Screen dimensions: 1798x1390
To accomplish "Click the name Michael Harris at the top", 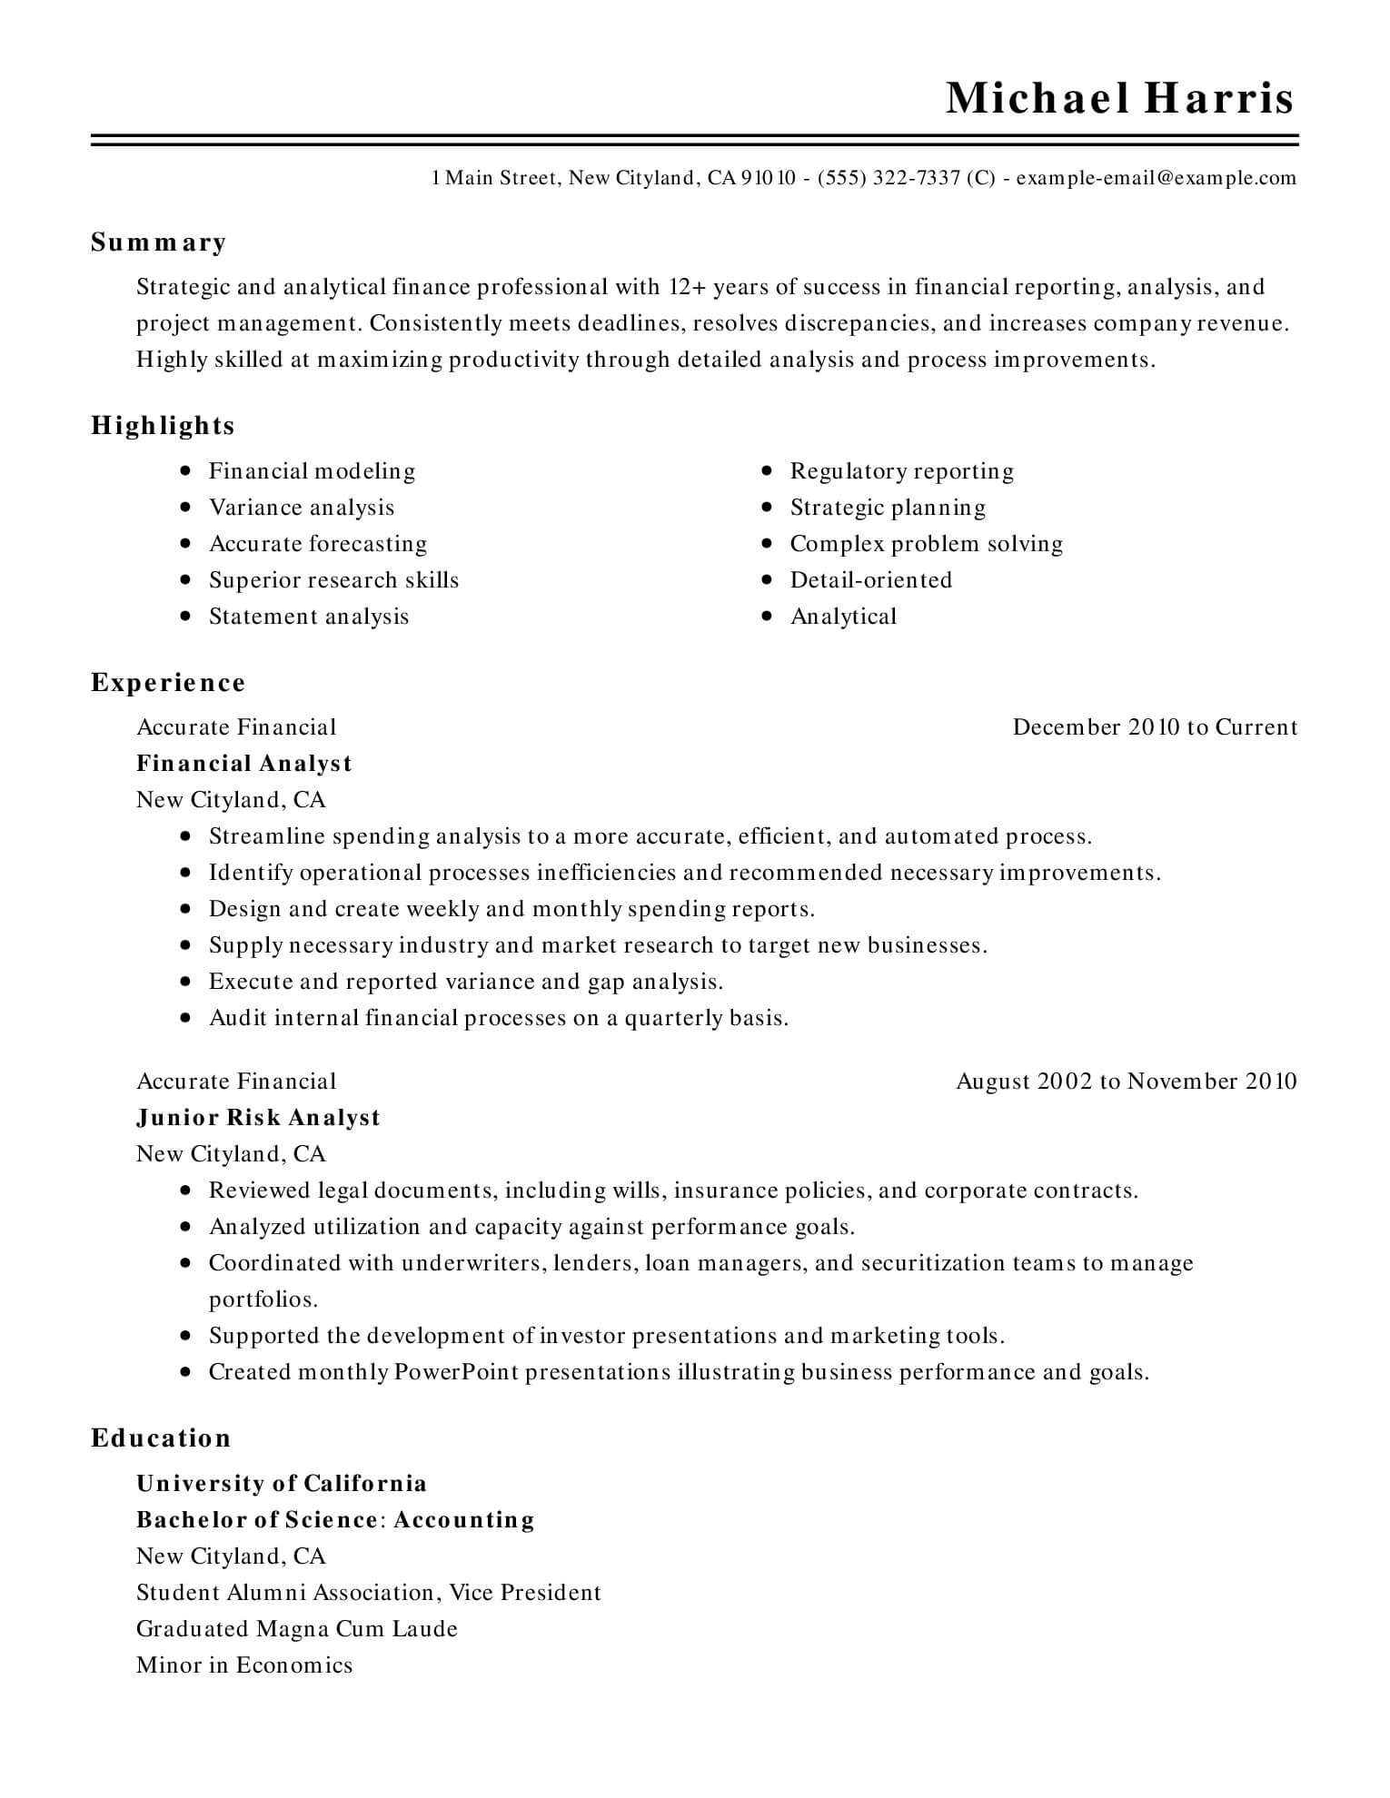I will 1119,98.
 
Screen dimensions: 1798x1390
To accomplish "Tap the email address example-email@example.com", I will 1156,178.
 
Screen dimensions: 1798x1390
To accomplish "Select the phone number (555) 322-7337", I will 889,178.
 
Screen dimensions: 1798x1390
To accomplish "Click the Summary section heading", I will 158,242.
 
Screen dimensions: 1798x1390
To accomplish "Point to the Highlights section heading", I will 163,426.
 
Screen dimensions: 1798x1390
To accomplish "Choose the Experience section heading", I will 168,683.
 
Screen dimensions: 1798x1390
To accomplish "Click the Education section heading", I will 161,1438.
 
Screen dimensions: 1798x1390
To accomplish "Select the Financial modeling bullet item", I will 312,471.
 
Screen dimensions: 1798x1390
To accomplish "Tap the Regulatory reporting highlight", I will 901,471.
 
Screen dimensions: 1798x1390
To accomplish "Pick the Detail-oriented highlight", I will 870,580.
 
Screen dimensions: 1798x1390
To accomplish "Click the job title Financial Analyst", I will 243,764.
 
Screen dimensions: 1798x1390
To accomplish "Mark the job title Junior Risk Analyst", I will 258,1118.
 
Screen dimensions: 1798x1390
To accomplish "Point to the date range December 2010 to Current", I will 1155,727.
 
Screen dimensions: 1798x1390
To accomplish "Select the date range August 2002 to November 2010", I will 1127,1082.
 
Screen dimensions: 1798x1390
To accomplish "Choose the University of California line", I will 282,1484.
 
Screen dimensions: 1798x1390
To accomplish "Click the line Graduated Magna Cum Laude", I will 297,1629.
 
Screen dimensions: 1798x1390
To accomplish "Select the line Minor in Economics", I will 244,1665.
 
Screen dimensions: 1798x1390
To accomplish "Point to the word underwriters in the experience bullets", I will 471,1263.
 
